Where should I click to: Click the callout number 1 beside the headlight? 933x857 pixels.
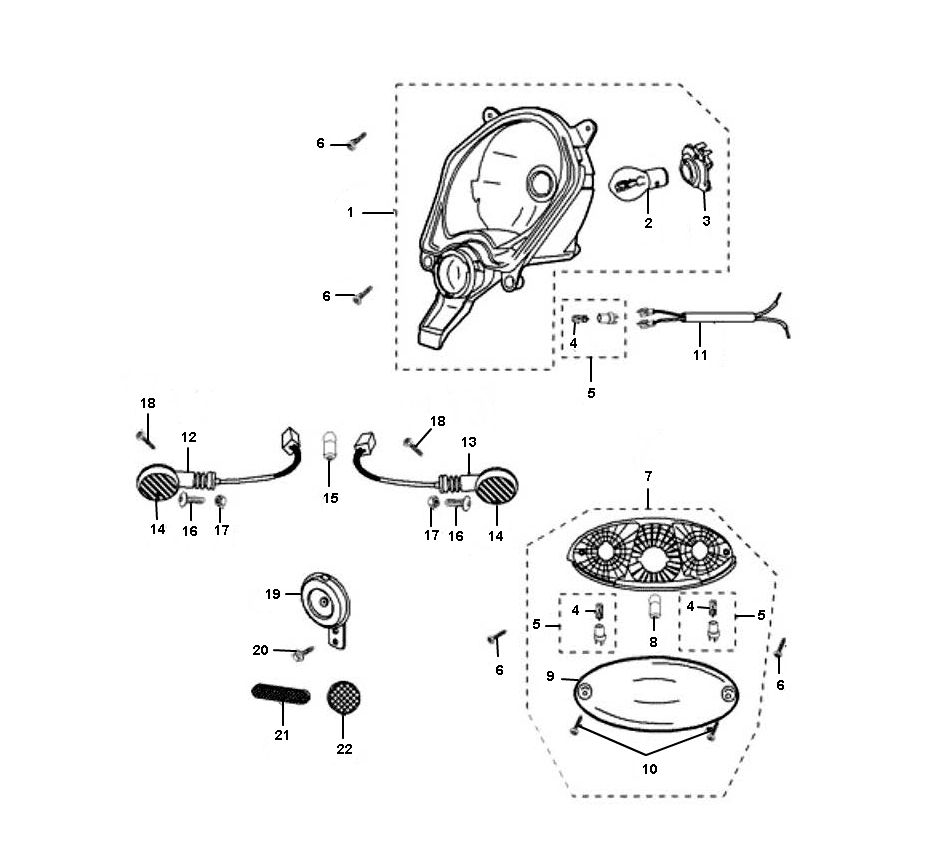point(351,212)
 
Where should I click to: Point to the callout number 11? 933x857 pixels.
point(700,354)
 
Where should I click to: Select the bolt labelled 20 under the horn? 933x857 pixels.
point(301,653)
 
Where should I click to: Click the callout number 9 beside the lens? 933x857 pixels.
point(550,676)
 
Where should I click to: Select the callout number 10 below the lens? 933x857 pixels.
point(649,769)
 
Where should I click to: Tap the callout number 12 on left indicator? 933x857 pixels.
point(188,437)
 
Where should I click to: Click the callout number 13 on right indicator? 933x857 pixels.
point(469,442)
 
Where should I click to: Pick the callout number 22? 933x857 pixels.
point(345,748)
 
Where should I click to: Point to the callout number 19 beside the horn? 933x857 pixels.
point(272,593)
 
